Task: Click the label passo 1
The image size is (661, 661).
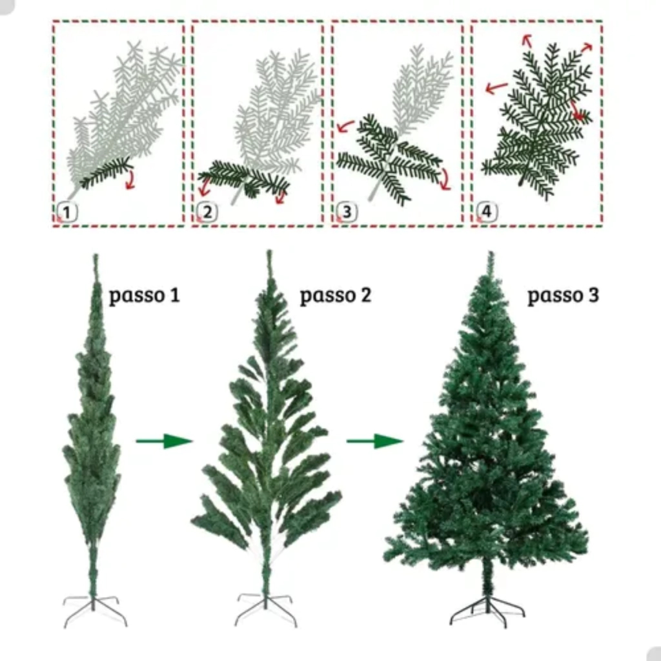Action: [144, 296]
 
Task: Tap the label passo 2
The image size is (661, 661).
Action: [335, 296]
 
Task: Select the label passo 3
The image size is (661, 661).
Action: [563, 296]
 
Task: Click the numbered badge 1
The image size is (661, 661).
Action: [67, 212]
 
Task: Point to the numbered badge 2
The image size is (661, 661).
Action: [207, 212]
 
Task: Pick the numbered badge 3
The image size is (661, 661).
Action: [347, 212]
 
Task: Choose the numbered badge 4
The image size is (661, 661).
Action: [487, 212]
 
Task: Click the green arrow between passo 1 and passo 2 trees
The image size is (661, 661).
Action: [164, 441]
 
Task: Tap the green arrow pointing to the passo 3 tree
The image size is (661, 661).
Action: [375, 441]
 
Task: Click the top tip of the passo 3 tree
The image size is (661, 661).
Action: [491, 252]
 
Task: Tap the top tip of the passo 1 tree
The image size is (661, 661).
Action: [96, 254]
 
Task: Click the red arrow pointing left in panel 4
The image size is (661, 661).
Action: [496, 88]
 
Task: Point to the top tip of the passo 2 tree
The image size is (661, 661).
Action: [269, 252]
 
